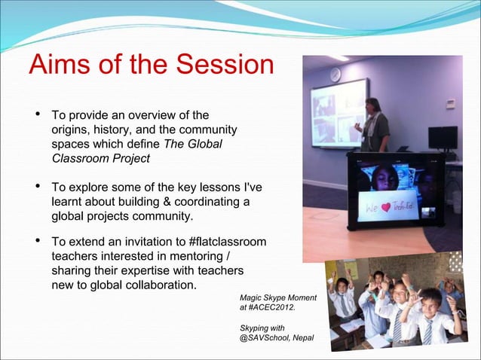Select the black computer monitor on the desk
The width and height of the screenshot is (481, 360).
443,138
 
